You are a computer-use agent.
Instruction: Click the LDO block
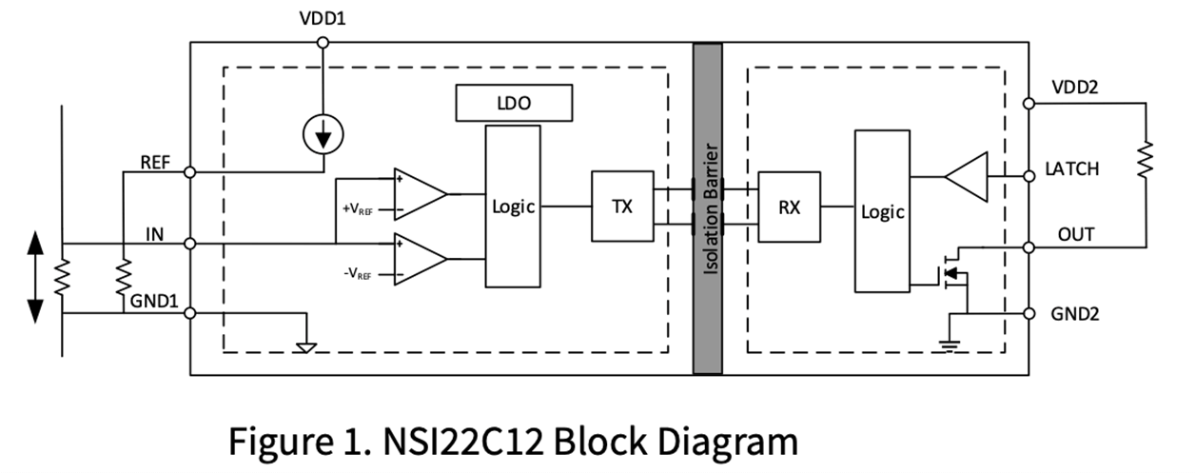coord(514,103)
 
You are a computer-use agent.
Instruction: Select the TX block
coord(622,206)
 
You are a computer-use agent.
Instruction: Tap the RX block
coord(789,208)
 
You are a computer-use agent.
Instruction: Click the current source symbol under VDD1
coord(323,137)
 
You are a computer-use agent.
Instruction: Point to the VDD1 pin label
coord(323,19)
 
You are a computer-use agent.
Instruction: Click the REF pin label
coord(154,162)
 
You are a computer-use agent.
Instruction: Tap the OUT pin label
coord(1076,234)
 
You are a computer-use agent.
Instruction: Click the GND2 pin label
coord(1075,313)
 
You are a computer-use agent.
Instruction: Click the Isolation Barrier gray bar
coord(707,208)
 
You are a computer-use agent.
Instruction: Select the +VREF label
coord(358,207)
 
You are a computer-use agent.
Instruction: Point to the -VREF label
coord(358,274)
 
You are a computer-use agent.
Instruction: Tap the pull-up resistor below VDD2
coord(1145,160)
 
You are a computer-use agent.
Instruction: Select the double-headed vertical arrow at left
coord(36,276)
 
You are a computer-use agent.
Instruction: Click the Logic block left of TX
coord(514,207)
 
